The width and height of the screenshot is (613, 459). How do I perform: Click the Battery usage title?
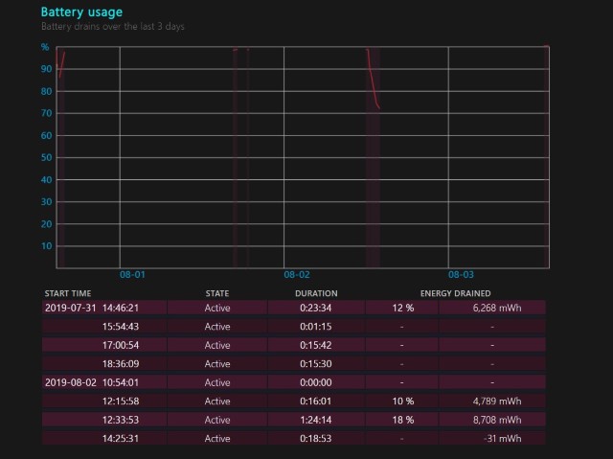pyautogui.click(x=81, y=12)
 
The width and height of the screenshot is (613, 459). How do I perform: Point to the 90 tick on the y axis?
pyautogui.click(x=46, y=69)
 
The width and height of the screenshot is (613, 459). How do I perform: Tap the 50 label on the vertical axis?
pyautogui.click(x=46, y=157)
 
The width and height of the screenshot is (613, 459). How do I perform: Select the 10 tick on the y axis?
pyautogui.click(x=46, y=246)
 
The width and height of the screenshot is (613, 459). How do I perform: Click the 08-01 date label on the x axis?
pyautogui.click(x=132, y=274)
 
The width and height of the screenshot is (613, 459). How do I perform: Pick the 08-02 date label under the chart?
pyautogui.click(x=297, y=274)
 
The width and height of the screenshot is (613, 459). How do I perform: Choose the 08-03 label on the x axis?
pyautogui.click(x=461, y=274)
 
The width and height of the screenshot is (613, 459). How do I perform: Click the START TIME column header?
pyautogui.click(x=68, y=293)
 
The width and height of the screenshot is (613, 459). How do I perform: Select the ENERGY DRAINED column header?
pyautogui.click(x=456, y=293)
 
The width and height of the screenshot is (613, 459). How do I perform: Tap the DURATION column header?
pyautogui.click(x=316, y=293)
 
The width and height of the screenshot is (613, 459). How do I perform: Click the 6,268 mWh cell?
pyautogui.click(x=497, y=309)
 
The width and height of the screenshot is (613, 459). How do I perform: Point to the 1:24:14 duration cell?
pyautogui.click(x=316, y=420)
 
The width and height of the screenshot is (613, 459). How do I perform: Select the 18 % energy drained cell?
pyautogui.click(x=403, y=420)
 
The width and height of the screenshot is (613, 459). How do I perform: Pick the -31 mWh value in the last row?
pyautogui.click(x=502, y=439)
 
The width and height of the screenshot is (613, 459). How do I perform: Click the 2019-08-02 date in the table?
pyautogui.click(x=71, y=382)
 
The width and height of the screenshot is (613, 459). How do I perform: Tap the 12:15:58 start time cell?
pyautogui.click(x=121, y=402)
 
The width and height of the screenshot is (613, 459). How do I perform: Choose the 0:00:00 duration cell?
pyautogui.click(x=316, y=382)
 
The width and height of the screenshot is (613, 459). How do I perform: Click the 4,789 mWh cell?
pyautogui.click(x=497, y=402)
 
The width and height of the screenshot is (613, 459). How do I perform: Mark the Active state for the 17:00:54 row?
pyautogui.click(x=217, y=345)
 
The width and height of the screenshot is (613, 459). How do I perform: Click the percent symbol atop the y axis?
pyautogui.click(x=45, y=47)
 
